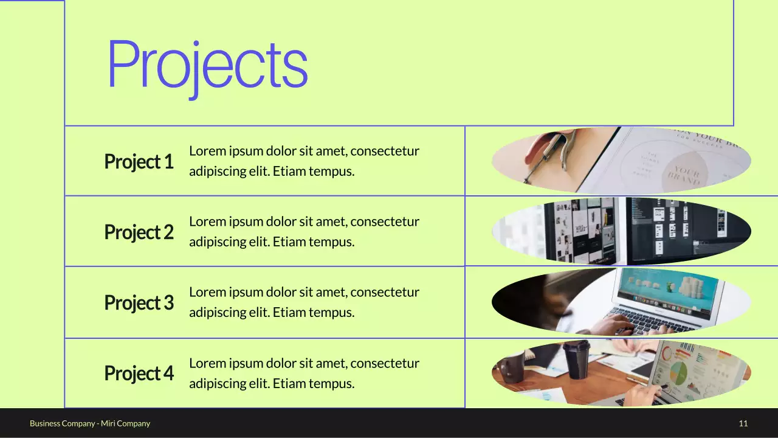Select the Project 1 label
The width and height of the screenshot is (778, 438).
pyautogui.click(x=139, y=162)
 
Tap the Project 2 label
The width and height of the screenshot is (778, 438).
pyautogui.click(x=139, y=232)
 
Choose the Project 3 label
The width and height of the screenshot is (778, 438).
pyautogui.click(x=139, y=303)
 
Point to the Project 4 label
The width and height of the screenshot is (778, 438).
pyautogui.click(x=139, y=374)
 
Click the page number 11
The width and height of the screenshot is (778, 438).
pyautogui.click(x=743, y=423)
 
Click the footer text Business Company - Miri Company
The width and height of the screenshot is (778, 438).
pyautogui.click(x=90, y=423)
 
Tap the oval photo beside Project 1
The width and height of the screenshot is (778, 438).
pyautogui.click(x=621, y=161)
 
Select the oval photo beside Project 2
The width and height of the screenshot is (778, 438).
pyautogui.click(x=621, y=231)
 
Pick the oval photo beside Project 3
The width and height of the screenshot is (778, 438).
pyautogui.click(x=621, y=302)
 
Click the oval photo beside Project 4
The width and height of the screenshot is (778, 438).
pyautogui.click(x=621, y=372)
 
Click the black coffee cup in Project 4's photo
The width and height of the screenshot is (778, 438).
pyautogui.click(x=576, y=359)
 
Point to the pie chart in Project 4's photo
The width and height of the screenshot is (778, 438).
pyautogui.click(x=675, y=372)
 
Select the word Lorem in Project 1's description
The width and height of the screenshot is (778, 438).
pyautogui.click(x=207, y=151)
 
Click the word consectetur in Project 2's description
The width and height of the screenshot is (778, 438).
pyautogui.click(x=385, y=221)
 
